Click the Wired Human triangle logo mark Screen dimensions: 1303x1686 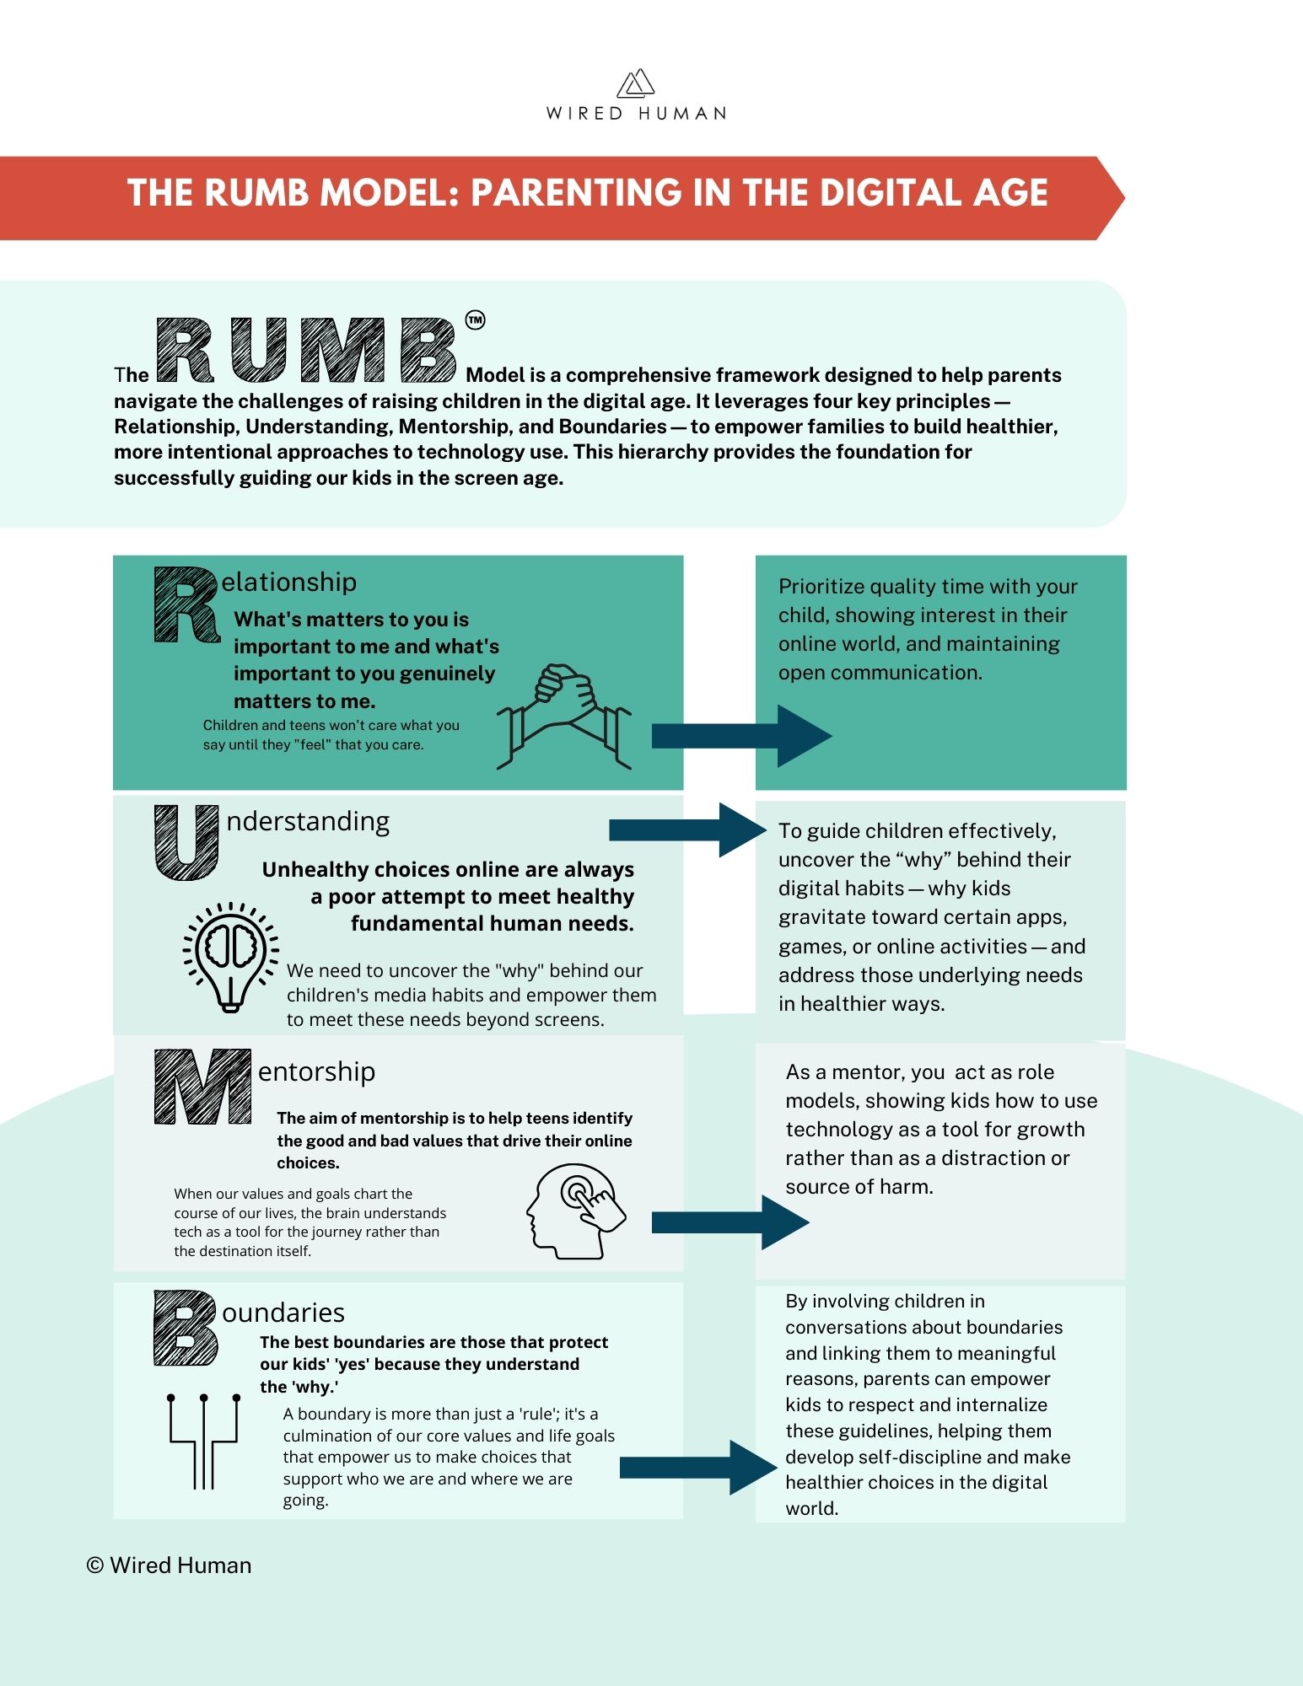click(x=636, y=83)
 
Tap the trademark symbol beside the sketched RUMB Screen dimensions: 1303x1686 click(x=475, y=320)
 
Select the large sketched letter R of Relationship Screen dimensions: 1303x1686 click(x=186, y=604)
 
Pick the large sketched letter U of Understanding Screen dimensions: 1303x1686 click(x=186, y=843)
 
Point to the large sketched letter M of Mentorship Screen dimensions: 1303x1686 click(x=202, y=1087)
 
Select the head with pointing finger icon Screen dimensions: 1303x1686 click(x=576, y=1211)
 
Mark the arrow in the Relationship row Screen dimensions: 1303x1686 click(x=742, y=736)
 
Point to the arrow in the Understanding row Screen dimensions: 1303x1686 click(x=688, y=830)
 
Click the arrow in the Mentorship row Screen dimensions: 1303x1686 click(x=730, y=1222)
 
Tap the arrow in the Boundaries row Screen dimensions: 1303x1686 click(x=698, y=1468)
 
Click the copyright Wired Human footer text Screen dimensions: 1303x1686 click(x=169, y=1565)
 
